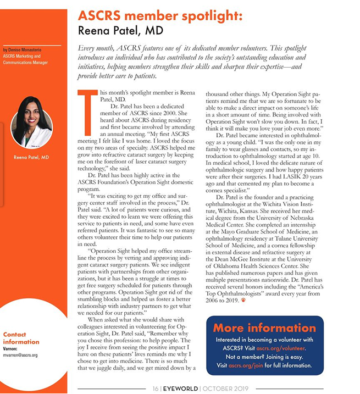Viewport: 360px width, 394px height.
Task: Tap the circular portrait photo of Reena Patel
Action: tap(31, 123)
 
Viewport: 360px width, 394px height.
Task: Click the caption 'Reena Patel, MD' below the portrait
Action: tap(31, 158)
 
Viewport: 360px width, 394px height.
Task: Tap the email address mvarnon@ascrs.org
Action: tap(20, 356)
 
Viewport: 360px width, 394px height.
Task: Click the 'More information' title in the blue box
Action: tap(264, 329)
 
